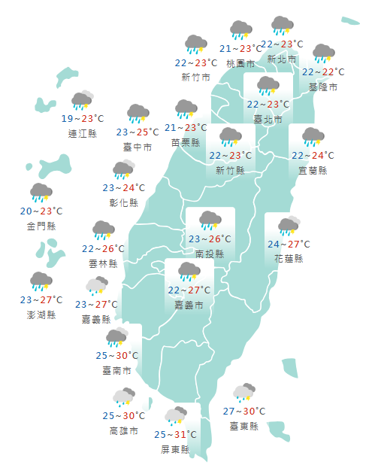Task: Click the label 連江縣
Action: point(82,134)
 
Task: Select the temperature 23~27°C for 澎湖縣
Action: point(42,300)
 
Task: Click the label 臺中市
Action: point(138,147)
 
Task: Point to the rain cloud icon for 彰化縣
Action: point(123,171)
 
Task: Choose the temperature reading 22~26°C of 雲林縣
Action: point(103,249)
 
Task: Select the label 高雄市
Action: point(123,431)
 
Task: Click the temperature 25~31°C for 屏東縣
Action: point(176,435)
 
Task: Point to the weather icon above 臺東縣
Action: point(244,393)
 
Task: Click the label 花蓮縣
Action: point(289,259)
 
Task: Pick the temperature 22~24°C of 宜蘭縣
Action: point(313,156)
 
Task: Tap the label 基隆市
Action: point(323,87)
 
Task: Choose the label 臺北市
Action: point(268,120)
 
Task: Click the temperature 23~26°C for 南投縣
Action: point(210,239)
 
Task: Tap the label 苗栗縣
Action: point(186,142)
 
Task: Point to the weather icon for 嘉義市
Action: point(189,272)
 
